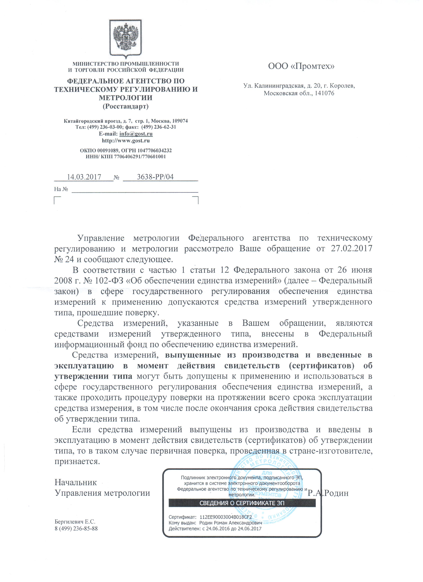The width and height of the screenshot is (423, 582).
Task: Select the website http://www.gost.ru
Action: click(x=126, y=141)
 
